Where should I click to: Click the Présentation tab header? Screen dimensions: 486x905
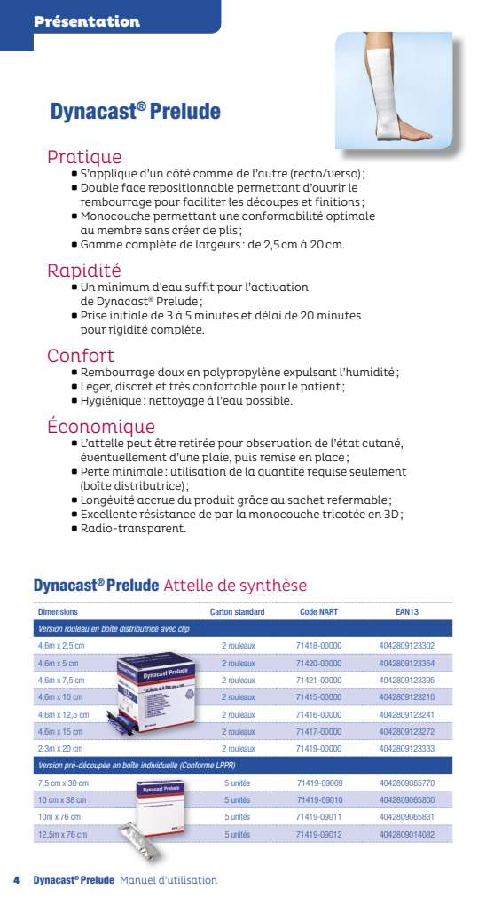coord(87,21)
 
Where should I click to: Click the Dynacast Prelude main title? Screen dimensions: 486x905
coord(135,113)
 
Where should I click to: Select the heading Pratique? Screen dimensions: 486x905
coord(84,158)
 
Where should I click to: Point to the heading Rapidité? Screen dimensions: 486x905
coord(84,271)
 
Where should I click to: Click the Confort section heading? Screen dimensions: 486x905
coord(81,356)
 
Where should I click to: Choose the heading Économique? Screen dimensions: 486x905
coord(101,427)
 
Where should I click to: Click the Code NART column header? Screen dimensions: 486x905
coord(318,612)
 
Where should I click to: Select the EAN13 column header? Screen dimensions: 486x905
coord(407,612)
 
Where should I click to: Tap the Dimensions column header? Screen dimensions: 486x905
coord(58,612)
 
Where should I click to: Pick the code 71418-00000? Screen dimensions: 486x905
coord(318,646)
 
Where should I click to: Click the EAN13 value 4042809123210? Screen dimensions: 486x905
coord(407,697)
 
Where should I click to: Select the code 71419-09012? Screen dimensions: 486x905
coord(319,834)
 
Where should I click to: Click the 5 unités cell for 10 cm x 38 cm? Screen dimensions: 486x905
coord(238,800)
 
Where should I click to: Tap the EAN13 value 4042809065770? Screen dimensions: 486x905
coord(407,783)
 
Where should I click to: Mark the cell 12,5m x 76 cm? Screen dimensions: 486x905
coord(64,834)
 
